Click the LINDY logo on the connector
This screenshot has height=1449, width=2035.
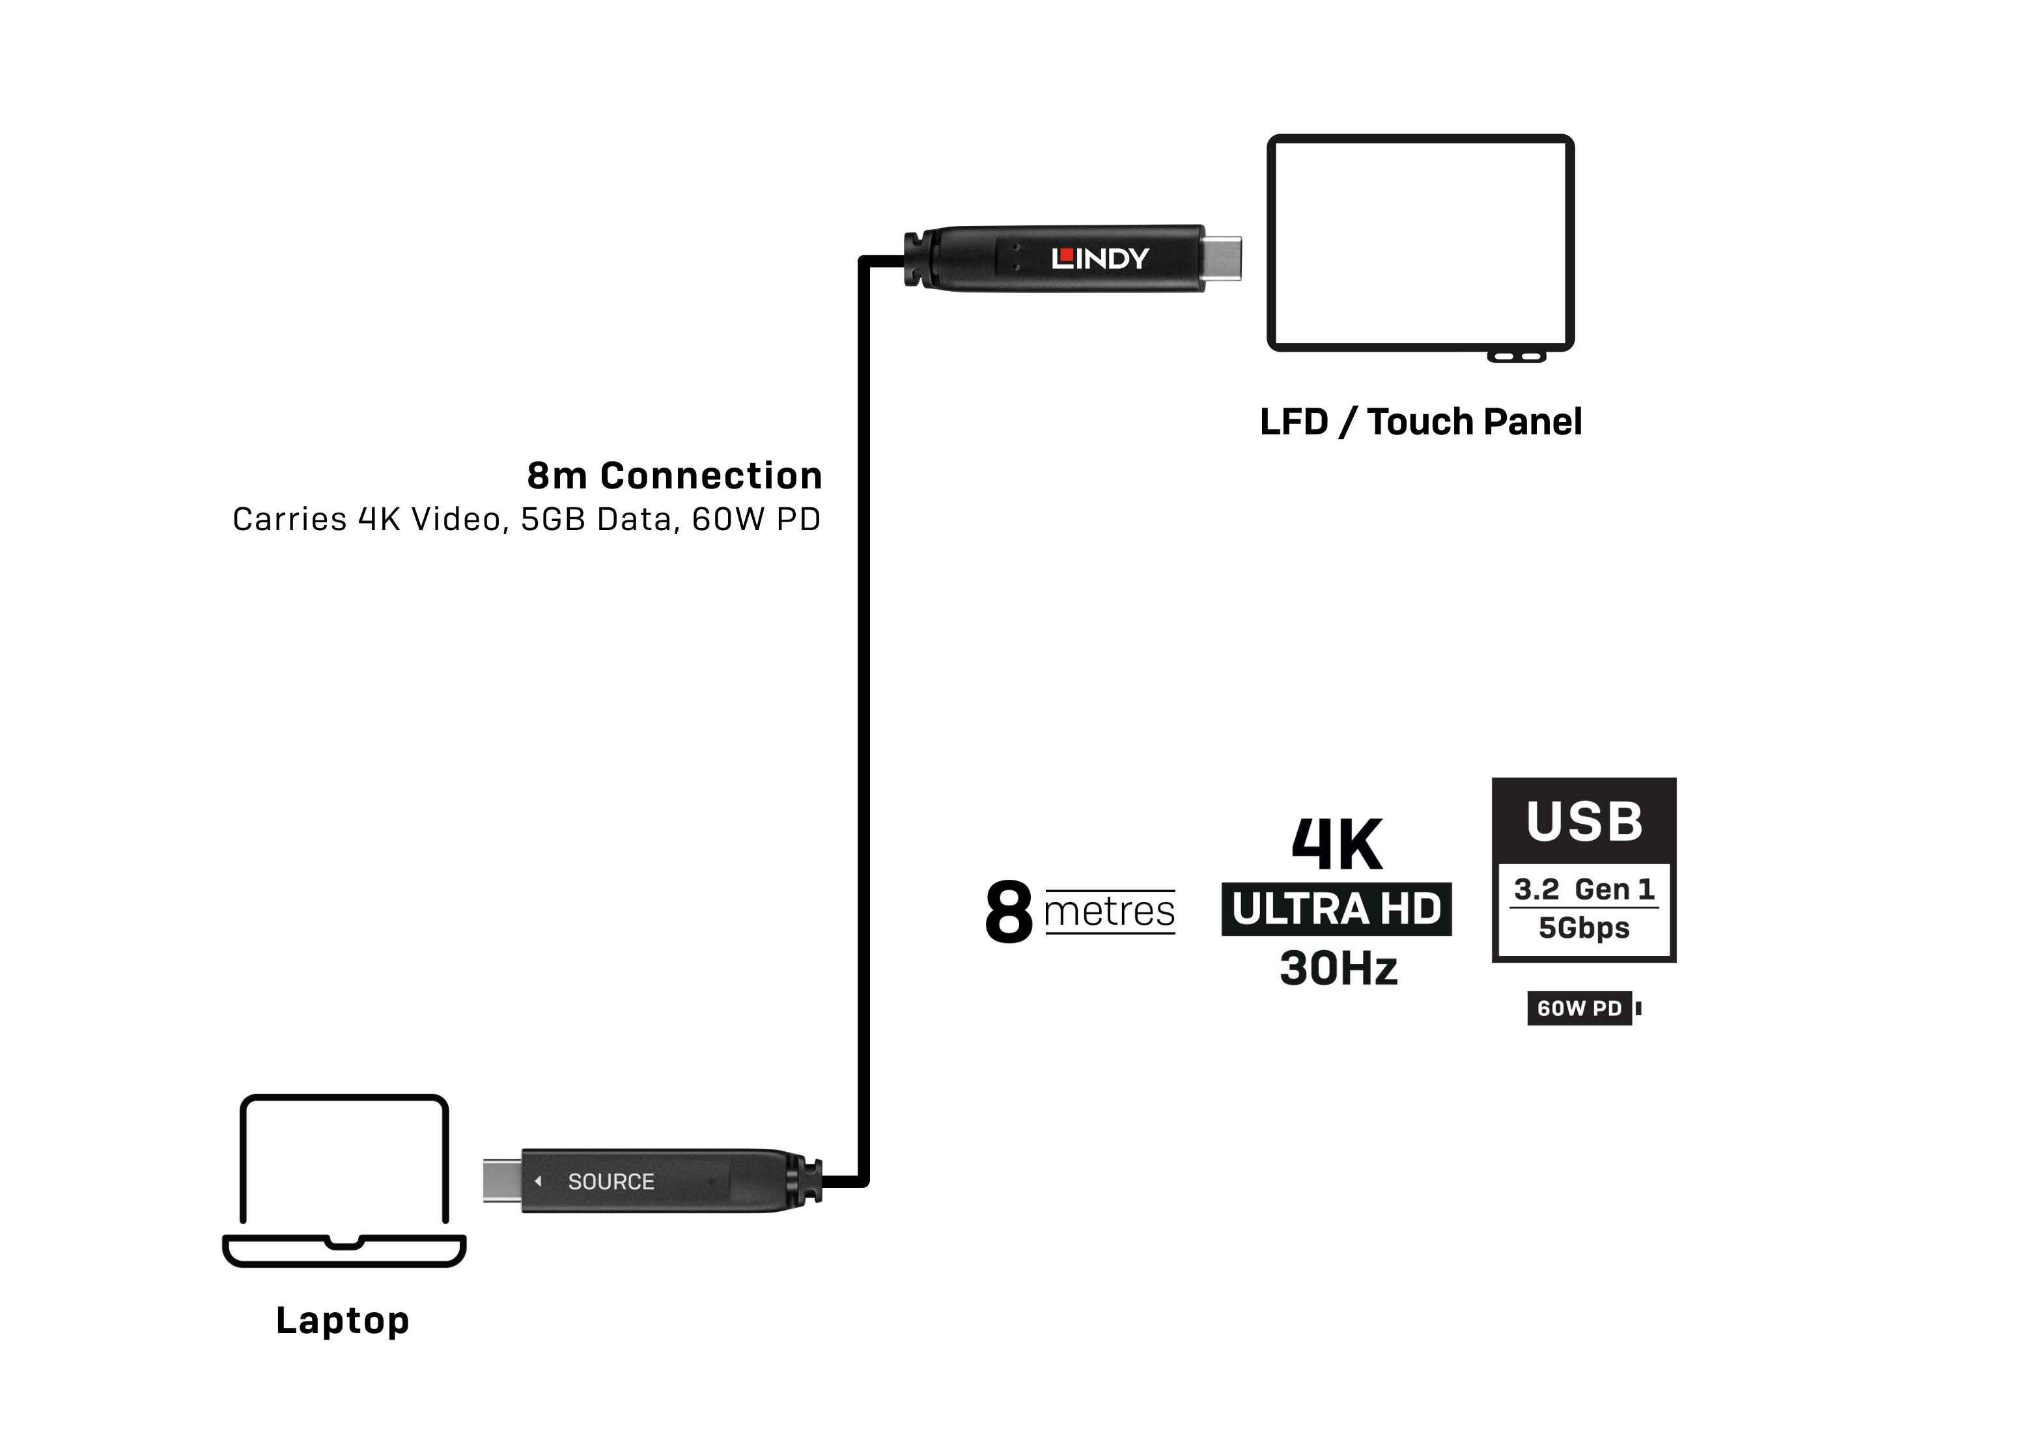[1100, 259]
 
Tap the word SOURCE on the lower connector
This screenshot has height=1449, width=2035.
[611, 1181]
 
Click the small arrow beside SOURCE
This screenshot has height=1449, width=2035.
[538, 1181]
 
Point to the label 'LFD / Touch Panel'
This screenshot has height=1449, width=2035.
[1420, 421]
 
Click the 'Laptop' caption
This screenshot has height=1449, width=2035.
[343, 1321]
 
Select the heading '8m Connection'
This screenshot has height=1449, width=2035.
[675, 475]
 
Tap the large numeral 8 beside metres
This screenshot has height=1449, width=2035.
[1009, 911]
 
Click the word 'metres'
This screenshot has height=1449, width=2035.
[1109, 912]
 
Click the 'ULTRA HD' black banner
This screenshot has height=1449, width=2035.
[1336, 909]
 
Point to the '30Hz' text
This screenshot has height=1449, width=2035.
[1338, 968]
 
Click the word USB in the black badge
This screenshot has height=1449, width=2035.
[1584, 821]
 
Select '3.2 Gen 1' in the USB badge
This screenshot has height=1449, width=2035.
[1584, 890]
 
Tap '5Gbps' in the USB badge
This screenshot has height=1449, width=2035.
[1584, 928]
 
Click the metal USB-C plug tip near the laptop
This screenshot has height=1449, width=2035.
[502, 1181]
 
